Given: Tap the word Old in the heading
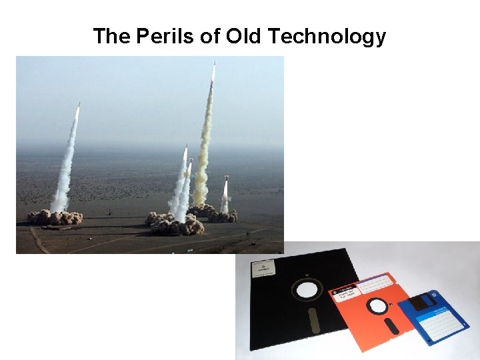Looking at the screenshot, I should pos(244,36).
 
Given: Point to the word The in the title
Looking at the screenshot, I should pos(112,36).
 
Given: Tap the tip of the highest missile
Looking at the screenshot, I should pos(214,63).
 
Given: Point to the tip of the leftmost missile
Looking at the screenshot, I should pos(79,104).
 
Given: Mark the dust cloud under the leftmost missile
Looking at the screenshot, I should pos(55,217).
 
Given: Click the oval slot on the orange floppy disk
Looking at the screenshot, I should pos(394,326).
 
